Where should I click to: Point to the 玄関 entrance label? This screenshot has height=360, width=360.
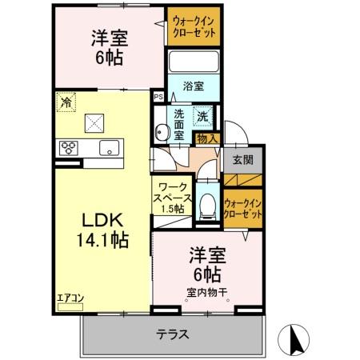(242, 158)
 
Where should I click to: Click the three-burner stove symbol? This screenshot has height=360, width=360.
(67, 147)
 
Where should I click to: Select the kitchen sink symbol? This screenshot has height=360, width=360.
(109, 147)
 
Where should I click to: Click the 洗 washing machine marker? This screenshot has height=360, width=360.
(202, 115)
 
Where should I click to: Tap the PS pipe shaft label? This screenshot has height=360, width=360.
(158, 98)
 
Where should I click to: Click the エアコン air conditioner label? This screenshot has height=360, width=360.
(70, 298)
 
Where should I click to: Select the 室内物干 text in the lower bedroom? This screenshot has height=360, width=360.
(206, 292)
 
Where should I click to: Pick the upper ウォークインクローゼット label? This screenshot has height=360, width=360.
(195, 26)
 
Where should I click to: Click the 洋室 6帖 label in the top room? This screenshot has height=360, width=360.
(109, 46)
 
